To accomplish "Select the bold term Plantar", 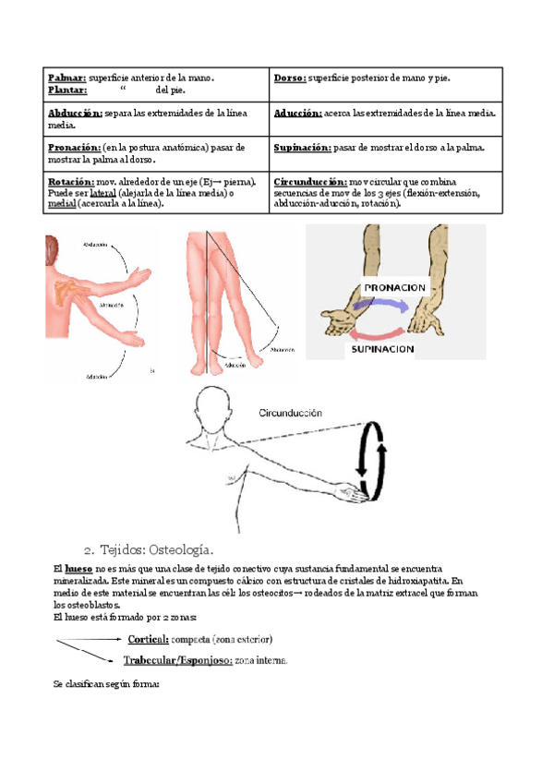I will coord(67,90).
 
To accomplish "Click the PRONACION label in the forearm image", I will coord(394,288).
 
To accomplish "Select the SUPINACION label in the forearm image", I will coord(380,350).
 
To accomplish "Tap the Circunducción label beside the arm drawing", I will coord(291,414).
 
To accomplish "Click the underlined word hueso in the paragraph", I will coord(78,568).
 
